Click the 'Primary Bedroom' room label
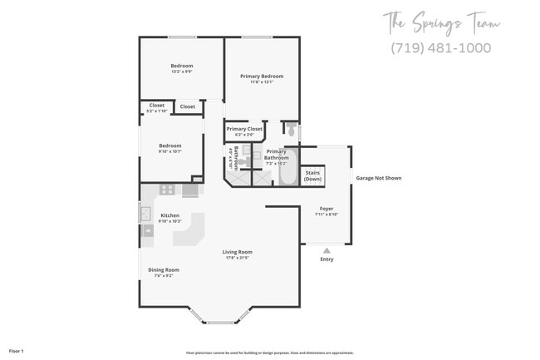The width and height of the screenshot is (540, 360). [262, 76]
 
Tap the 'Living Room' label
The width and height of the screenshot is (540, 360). [237, 252]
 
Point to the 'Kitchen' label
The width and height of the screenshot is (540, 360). [169, 215]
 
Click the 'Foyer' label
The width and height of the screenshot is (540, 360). [326, 209]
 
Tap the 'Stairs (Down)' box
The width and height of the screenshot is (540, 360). [312, 176]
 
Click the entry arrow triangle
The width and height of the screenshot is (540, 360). [326, 249]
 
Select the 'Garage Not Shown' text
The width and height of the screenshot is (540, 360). [379, 178]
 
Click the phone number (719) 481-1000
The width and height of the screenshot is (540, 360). [440, 47]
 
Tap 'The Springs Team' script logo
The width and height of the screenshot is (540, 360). [441, 22]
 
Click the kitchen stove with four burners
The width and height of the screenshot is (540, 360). [167, 190]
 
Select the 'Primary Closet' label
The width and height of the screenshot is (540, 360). [244, 129]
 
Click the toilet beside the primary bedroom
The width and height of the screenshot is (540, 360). [291, 130]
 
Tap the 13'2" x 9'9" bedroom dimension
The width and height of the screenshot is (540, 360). [181, 72]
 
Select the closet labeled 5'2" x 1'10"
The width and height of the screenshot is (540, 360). [157, 111]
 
